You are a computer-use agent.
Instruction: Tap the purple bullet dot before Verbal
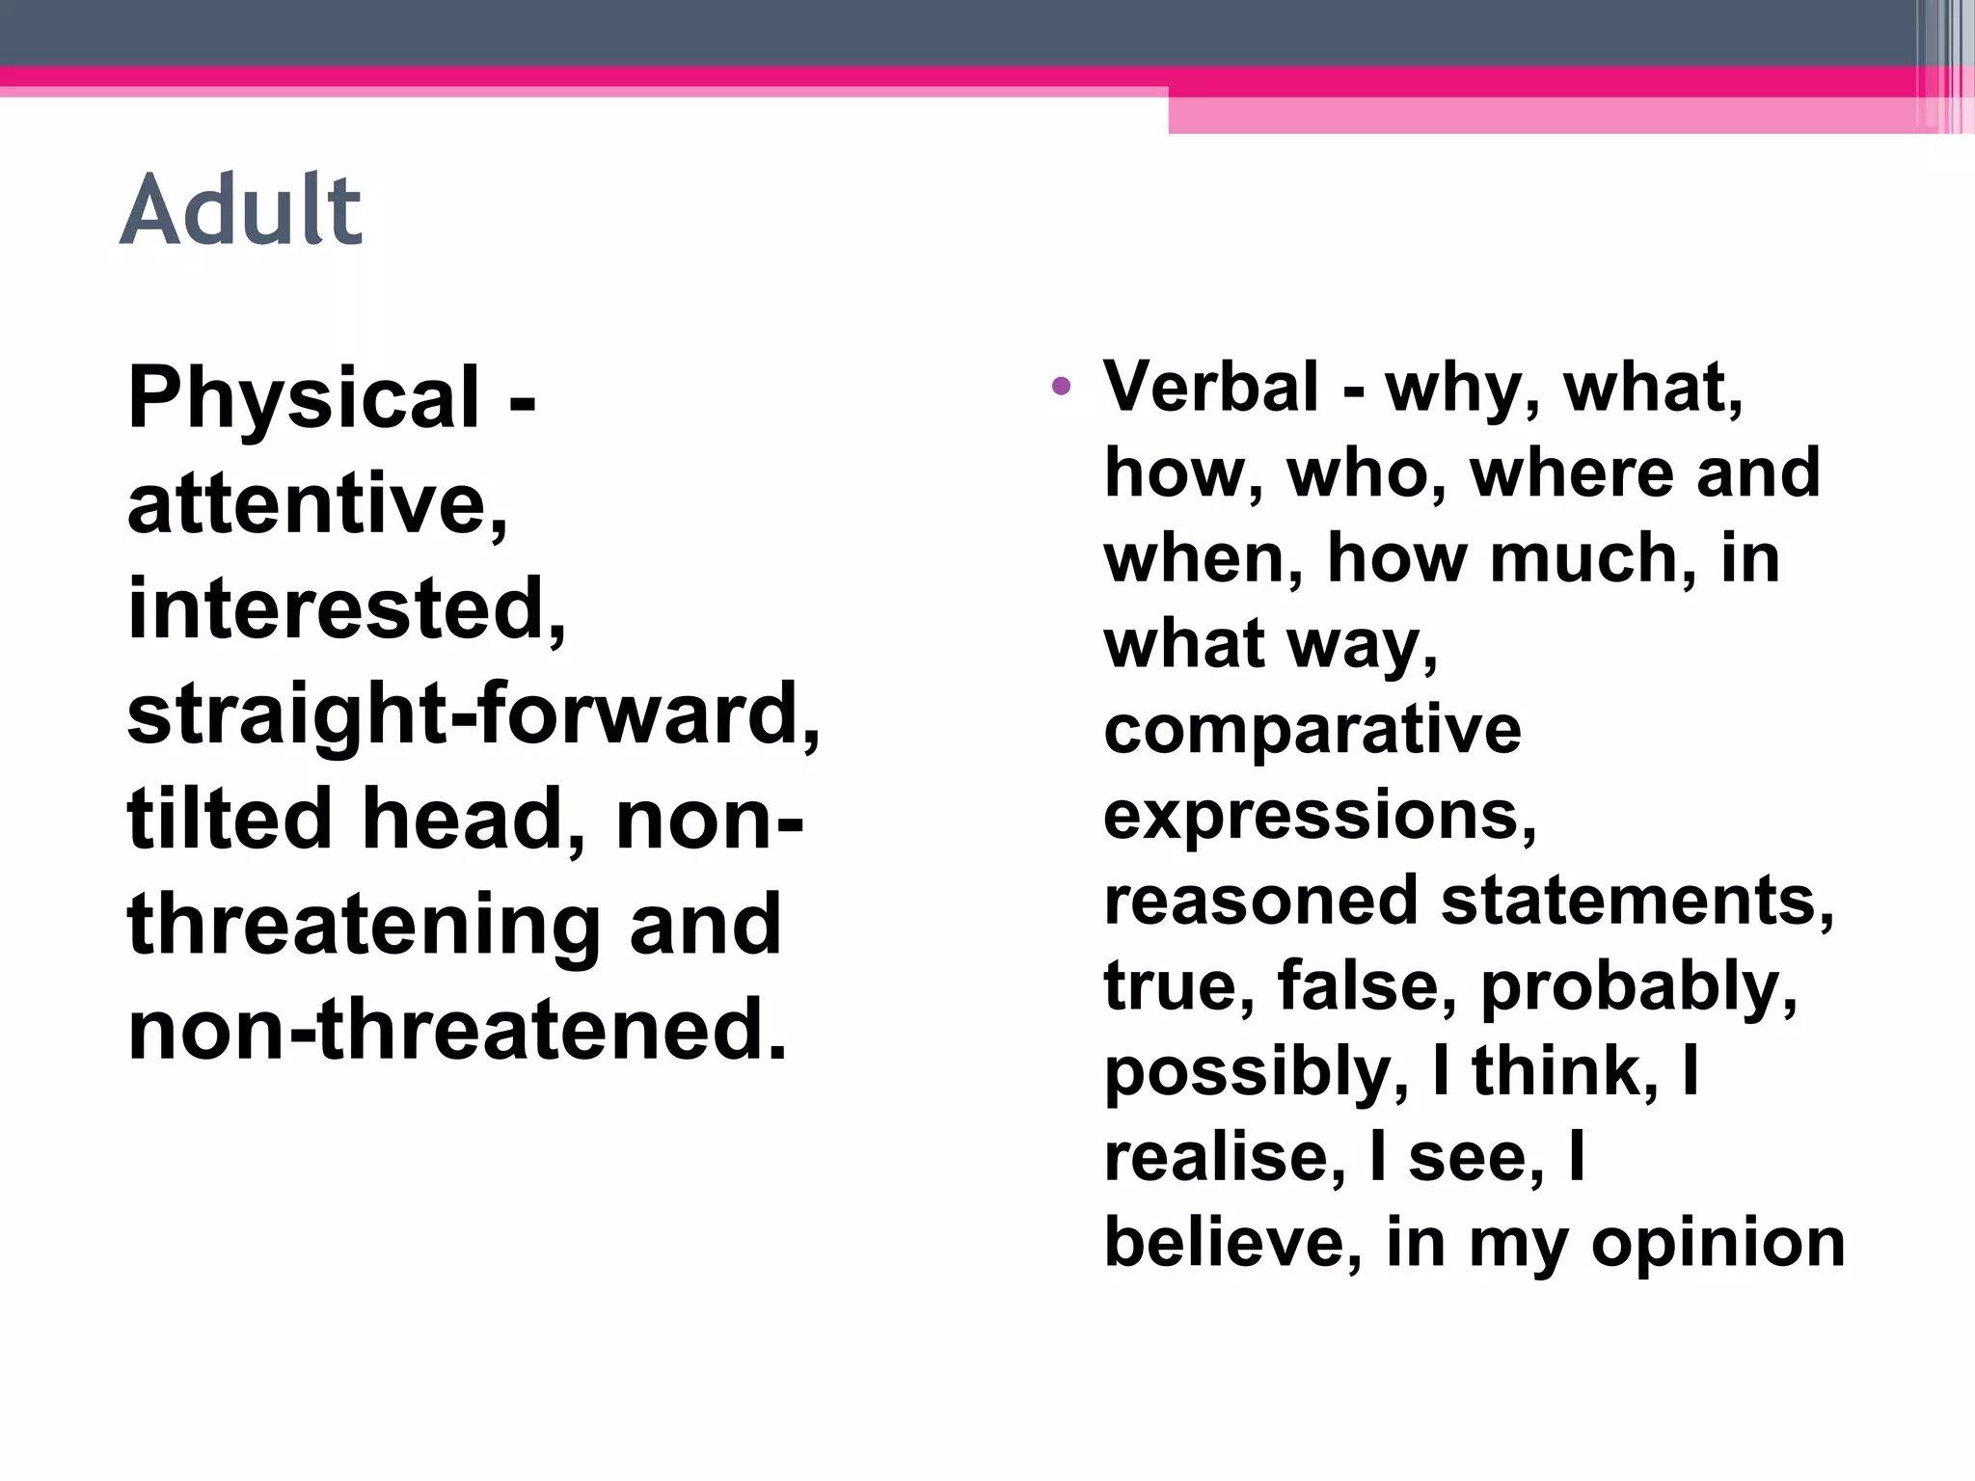[x=1062, y=388]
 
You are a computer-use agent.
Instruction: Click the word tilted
[x=230, y=820]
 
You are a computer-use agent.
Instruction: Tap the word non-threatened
[x=457, y=1030]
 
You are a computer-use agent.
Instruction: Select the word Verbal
[x=1211, y=387]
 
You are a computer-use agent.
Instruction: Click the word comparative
[x=1312, y=729]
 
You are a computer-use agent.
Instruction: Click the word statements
[x=1637, y=901]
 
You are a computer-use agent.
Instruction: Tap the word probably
[x=1638, y=987]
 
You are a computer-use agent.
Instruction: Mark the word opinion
[x=1718, y=1244]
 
